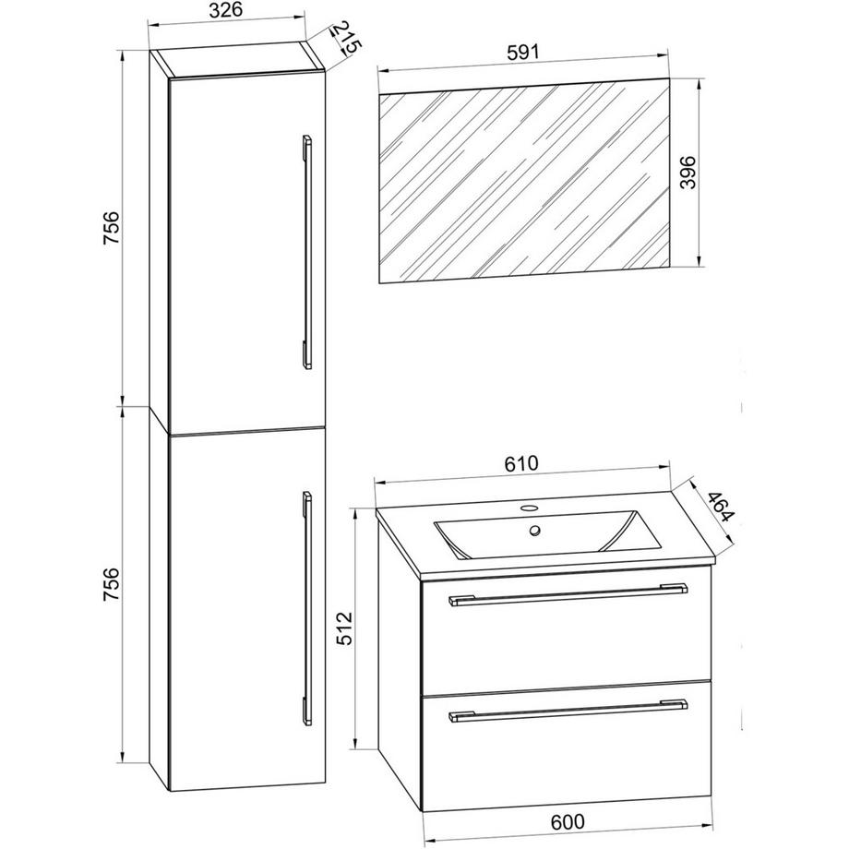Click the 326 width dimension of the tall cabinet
tap(225, 10)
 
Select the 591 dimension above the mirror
tap(523, 53)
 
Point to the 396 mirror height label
tap(688, 173)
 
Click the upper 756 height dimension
tap(112, 227)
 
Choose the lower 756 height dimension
tap(112, 583)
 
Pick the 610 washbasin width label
tap(521, 463)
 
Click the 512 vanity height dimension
tap(344, 628)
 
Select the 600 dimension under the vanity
tap(568, 821)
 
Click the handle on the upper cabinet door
tap(307, 252)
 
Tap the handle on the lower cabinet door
tap(307, 607)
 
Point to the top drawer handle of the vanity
tap(568, 594)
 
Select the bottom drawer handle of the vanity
tap(568, 711)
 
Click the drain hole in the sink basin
tap(535, 531)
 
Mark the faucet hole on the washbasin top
tap(529, 508)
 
